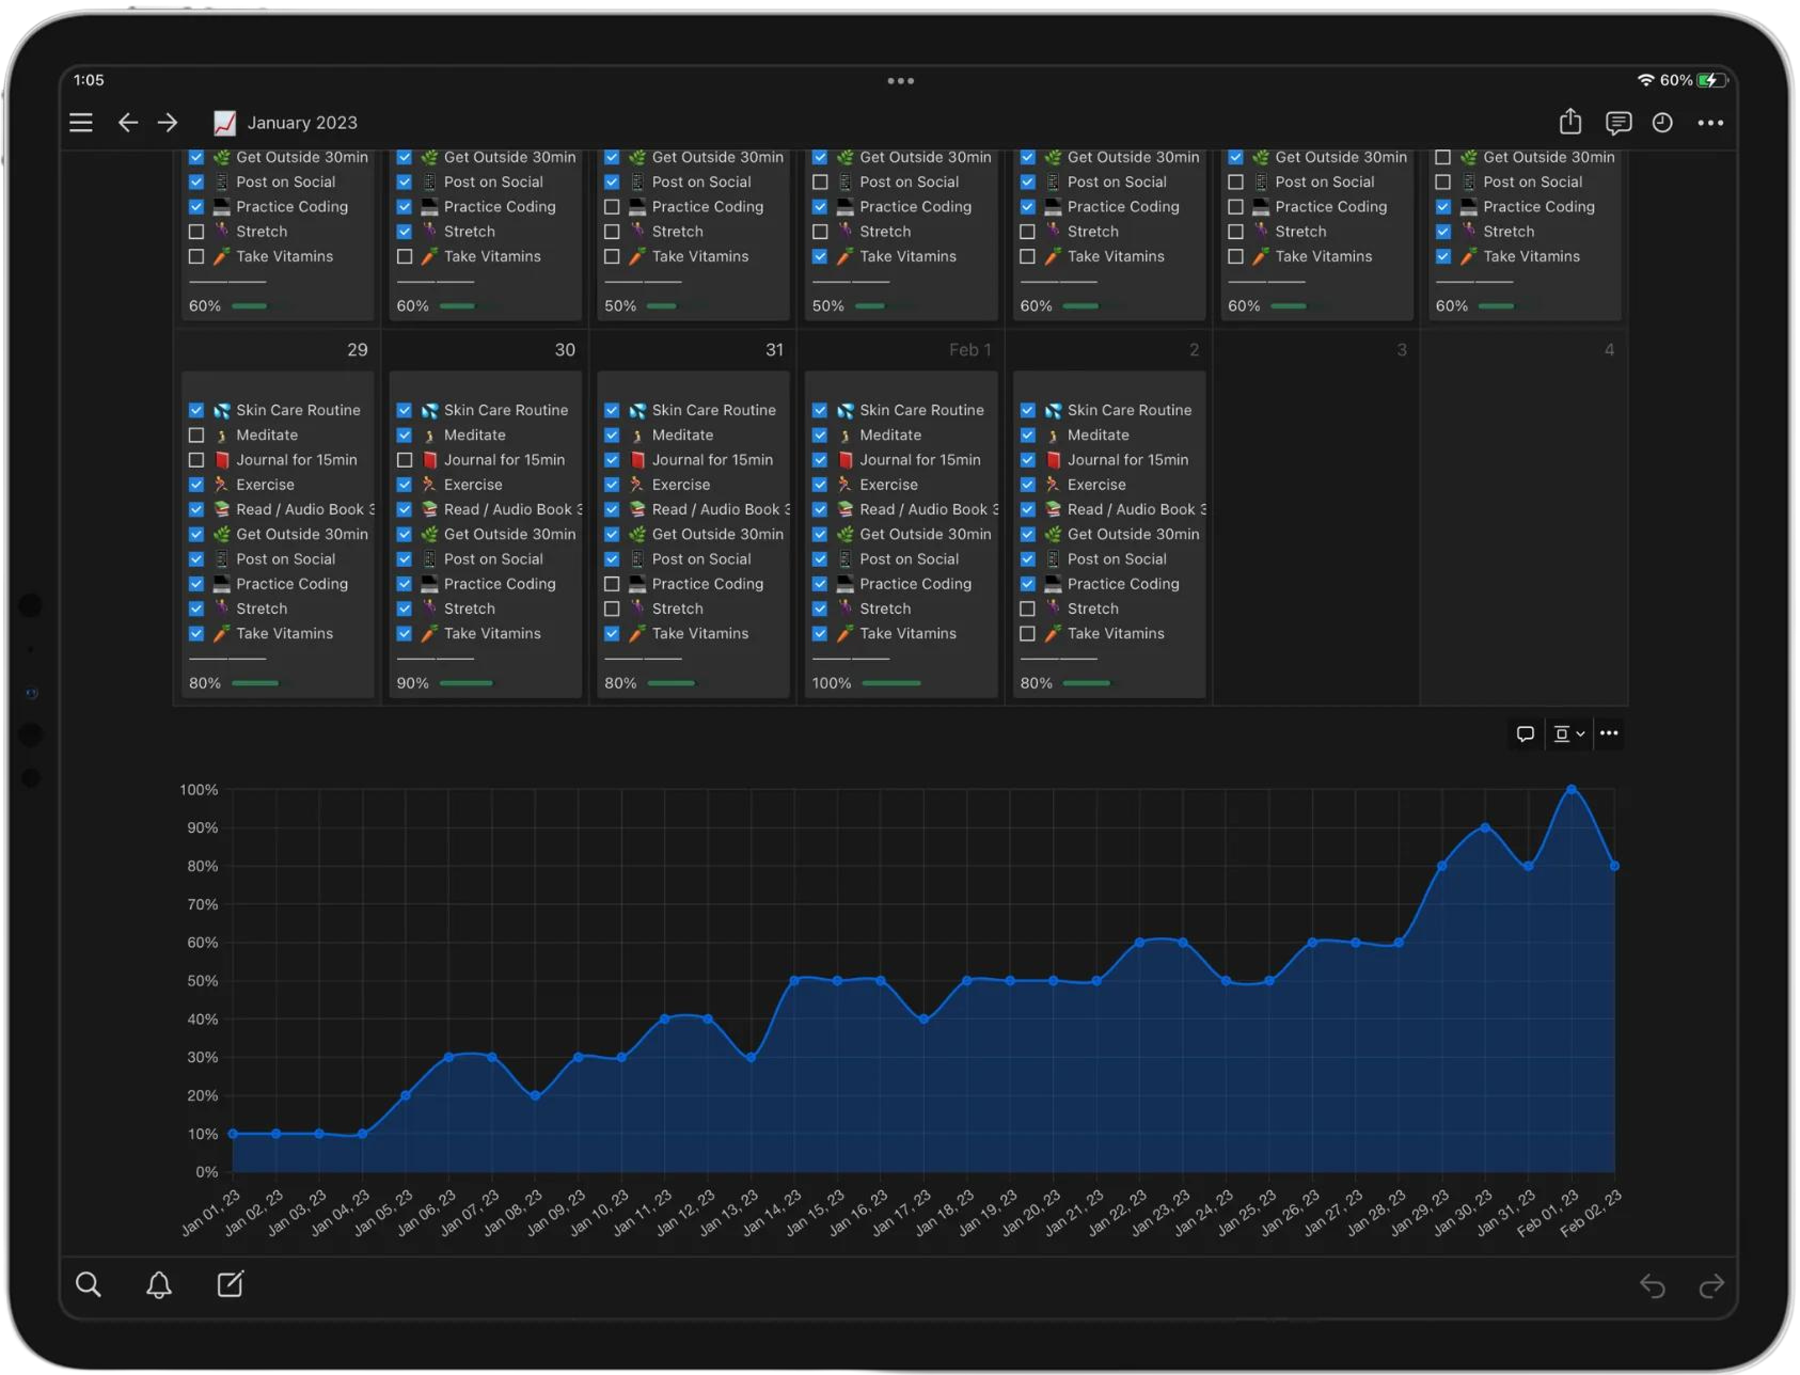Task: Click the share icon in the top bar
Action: (1570, 122)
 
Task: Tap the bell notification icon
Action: (159, 1285)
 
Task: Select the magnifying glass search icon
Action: (89, 1285)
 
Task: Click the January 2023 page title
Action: (302, 123)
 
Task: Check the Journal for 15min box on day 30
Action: (405, 460)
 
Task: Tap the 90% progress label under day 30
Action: (413, 683)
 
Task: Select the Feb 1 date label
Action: (970, 350)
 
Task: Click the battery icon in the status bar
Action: (1711, 80)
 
